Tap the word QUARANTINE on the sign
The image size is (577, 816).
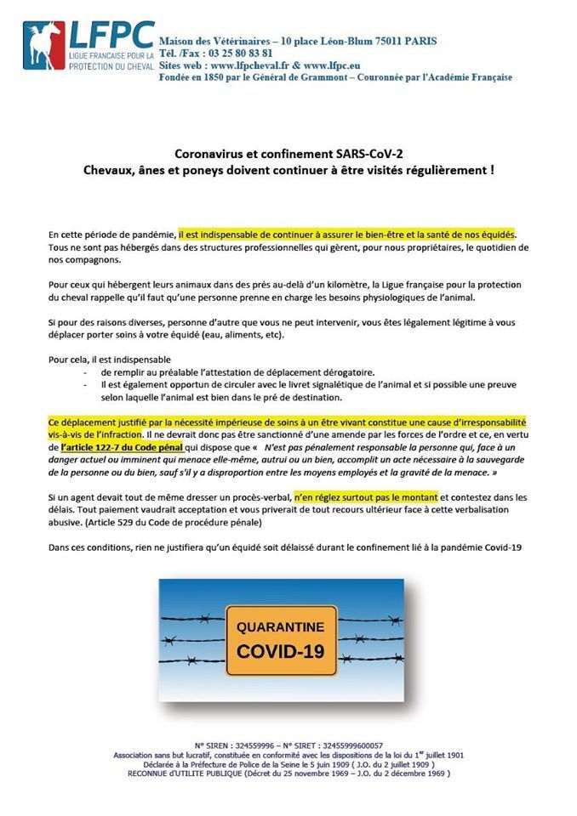click(280, 627)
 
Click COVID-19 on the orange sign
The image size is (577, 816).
click(280, 653)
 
